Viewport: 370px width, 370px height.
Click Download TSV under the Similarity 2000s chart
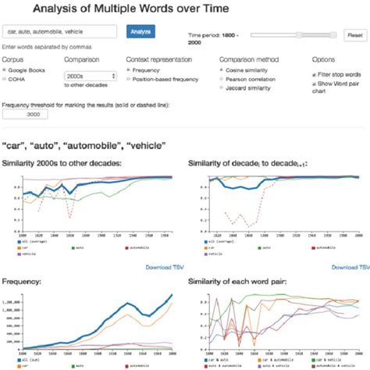[163, 267]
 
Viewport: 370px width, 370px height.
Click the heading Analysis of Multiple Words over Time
[124, 9]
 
